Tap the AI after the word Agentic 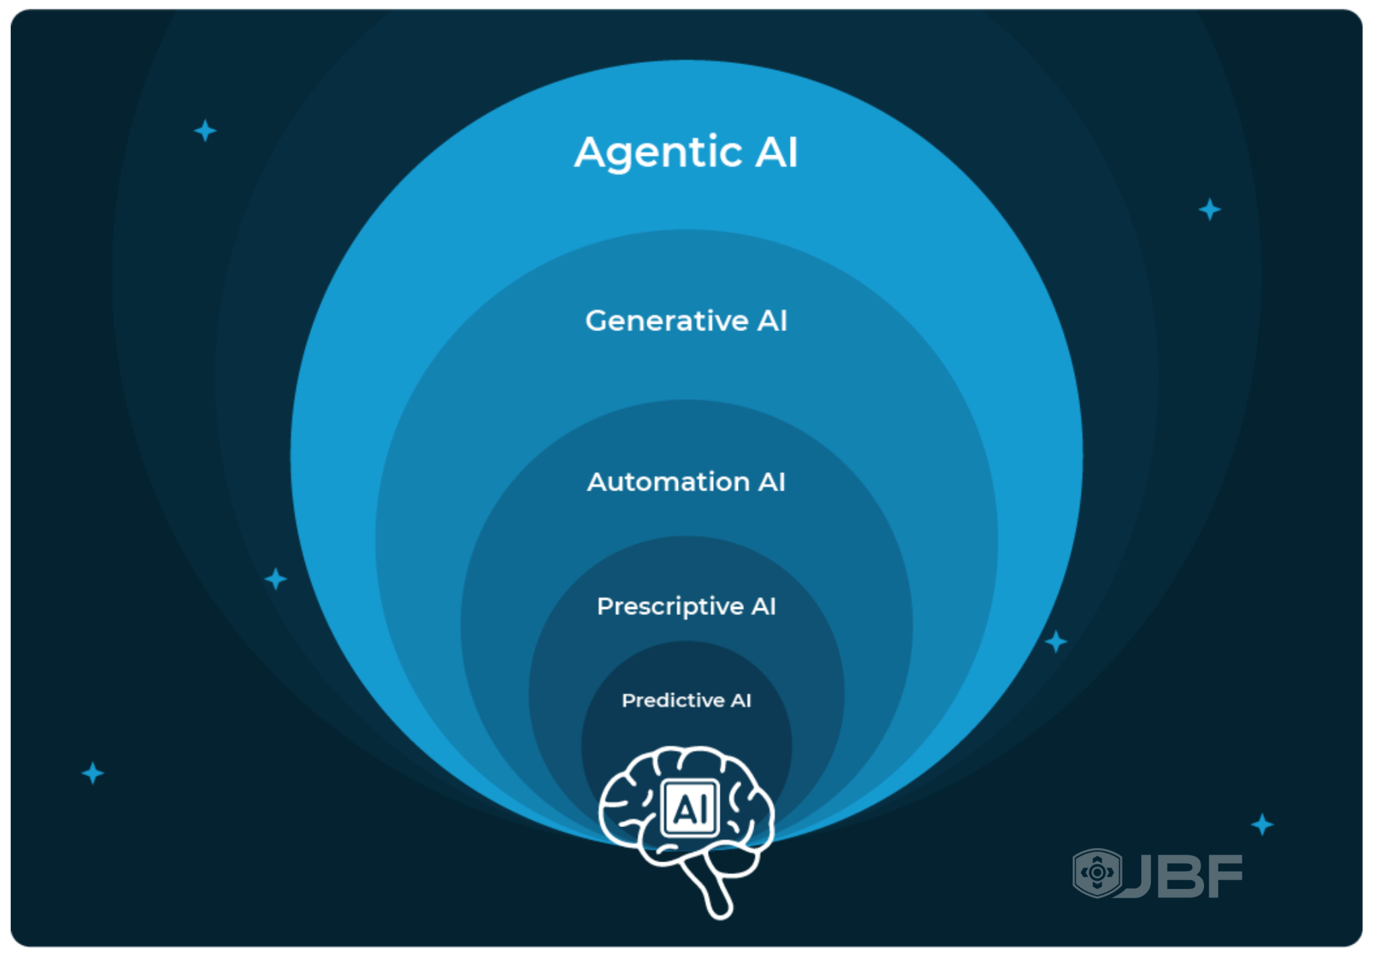coord(776,152)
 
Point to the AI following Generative coord(772,321)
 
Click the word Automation coord(668,482)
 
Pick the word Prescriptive coord(670,606)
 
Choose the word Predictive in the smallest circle coord(673,701)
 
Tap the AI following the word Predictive coord(741,701)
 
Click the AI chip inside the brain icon coord(690,808)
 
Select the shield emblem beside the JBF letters coord(1097,873)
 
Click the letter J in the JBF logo coord(1137,876)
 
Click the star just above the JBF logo coord(1262,824)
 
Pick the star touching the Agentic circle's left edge coord(275,579)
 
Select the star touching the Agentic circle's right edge coord(1056,642)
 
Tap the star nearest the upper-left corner coord(205,131)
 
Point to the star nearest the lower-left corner coord(93,773)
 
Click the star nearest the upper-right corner coord(1210,209)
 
